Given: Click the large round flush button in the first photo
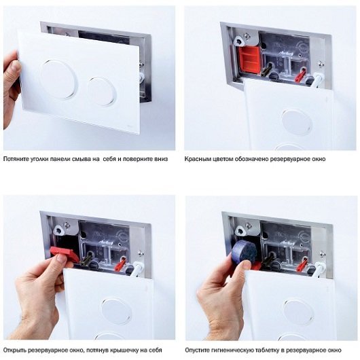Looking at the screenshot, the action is [58, 79].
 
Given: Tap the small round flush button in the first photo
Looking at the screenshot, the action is [102, 92].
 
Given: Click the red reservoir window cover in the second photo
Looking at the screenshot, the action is [249, 59].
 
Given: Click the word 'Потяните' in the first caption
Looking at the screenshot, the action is [16, 159].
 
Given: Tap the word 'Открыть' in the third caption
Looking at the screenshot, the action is [14, 350].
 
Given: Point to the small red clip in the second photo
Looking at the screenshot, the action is [300, 75].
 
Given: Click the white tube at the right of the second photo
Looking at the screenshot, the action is [317, 79].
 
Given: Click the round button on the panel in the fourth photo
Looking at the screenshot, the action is [299, 312].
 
